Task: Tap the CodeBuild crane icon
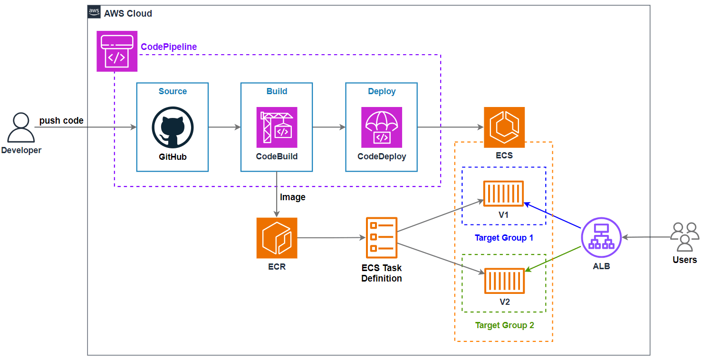click(x=277, y=127)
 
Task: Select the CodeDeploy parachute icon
click(x=381, y=127)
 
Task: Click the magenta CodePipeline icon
click(x=117, y=51)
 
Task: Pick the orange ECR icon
click(x=277, y=238)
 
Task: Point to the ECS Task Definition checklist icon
click(x=381, y=238)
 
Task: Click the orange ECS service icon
click(x=504, y=127)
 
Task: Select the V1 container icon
click(x=503, y=194)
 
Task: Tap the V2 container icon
click(x=504, y=281)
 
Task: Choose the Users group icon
click(x=684, y=237)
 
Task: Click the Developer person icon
click(x=21, y=128)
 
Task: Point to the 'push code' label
click(x=61, y=121)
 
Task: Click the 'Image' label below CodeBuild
click(x=293, y=197)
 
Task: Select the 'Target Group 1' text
click(x=504, y=238)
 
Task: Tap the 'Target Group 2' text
click(x=504, y=325)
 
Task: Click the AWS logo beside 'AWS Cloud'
click(x=94, y=13)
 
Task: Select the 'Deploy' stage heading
click(x=381, y=91)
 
